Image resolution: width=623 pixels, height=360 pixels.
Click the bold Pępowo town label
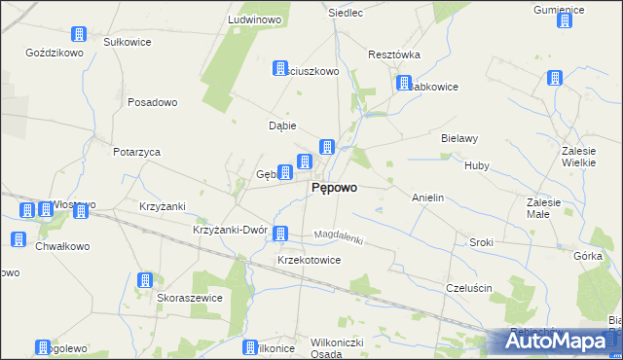point(333,189)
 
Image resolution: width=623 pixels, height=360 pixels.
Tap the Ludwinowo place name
point(254,19)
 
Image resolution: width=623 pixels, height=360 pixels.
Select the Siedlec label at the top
point(347,14)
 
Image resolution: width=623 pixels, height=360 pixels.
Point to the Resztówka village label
point(393,55)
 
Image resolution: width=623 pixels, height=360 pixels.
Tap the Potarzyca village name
point(136,152)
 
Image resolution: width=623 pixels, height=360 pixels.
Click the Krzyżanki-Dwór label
point(230,230)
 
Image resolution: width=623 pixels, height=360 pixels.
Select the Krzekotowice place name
point(309,261)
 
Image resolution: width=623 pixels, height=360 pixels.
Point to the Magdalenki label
point(338,237)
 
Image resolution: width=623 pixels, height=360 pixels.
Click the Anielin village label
point(428,198)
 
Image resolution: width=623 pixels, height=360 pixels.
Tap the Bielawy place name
point(459,138)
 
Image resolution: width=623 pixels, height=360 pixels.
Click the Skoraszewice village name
point(190,298)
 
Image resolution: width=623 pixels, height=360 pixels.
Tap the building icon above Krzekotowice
point(281,234)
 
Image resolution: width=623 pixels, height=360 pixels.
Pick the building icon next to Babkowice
point(403,85)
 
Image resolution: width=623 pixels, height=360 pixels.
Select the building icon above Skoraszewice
point(145,280)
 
